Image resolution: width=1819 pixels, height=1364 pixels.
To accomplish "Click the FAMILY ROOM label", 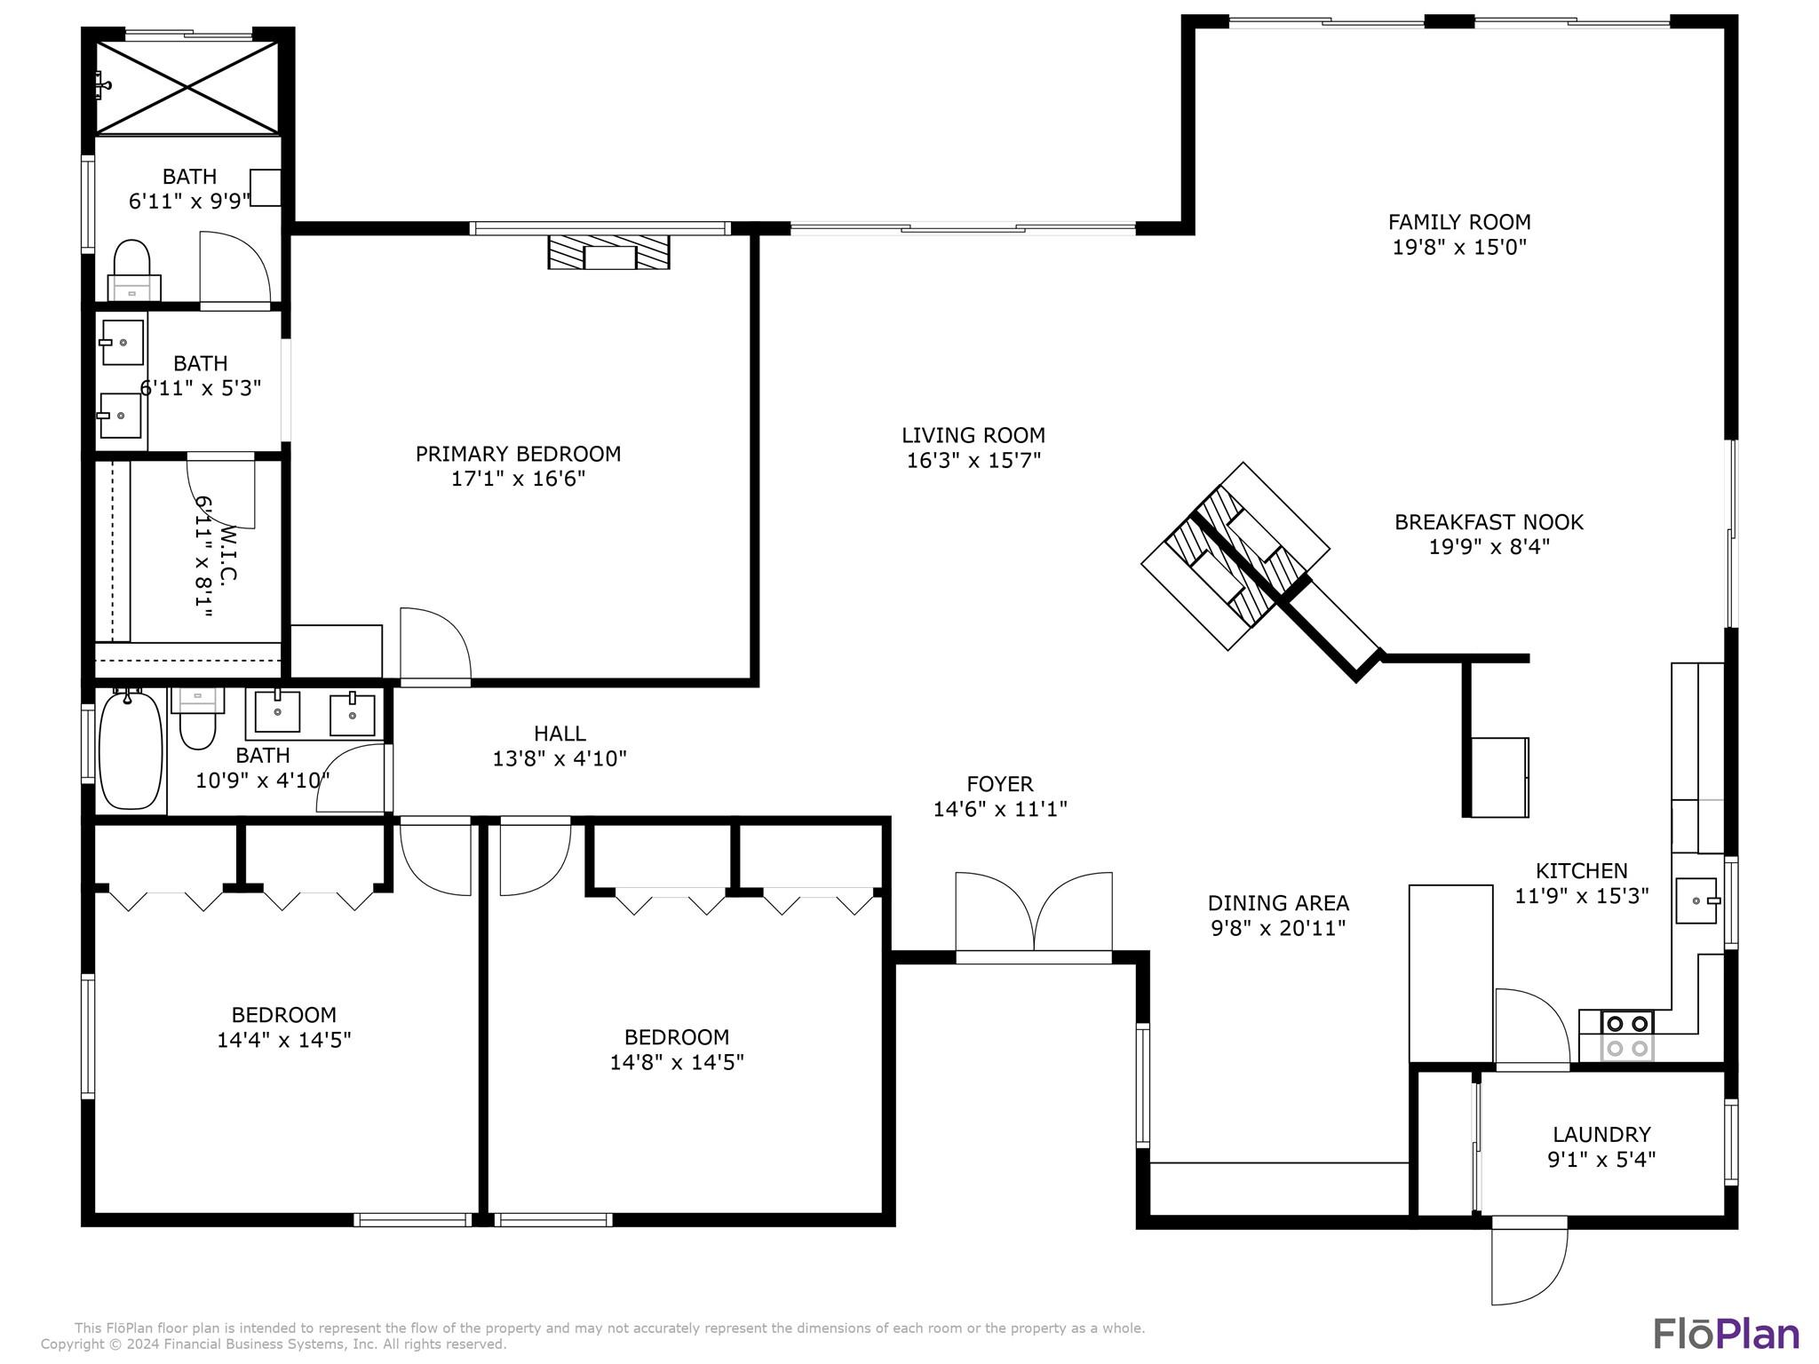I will pos(1458,222).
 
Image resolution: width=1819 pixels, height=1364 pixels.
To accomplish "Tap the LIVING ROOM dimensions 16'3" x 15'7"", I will pos(973,460).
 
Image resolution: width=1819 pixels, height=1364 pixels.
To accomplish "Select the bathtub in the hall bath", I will pos(131,750).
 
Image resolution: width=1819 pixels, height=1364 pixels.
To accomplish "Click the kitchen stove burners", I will pos(1627,1035).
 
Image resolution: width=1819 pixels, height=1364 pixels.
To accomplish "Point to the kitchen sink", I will pos(1696,900).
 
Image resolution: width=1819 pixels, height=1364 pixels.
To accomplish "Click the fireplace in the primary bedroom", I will pos(608,252).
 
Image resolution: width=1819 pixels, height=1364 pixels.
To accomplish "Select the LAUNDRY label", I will pos(1601,1134).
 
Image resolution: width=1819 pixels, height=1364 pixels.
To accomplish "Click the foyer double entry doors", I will pos(1034,915).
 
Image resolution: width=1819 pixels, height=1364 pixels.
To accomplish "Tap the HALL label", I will pos(560,734).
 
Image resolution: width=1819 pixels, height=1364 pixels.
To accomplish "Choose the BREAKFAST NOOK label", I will pos(1489,522).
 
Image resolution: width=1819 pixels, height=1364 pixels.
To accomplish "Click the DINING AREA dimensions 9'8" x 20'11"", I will pos(1278,928).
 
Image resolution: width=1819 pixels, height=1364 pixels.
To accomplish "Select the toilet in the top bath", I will pos(131,265).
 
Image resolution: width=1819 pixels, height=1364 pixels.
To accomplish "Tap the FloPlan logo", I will pos(1726,1334).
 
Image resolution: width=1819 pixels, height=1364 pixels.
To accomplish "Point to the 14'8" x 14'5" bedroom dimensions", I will pos(677,1062).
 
